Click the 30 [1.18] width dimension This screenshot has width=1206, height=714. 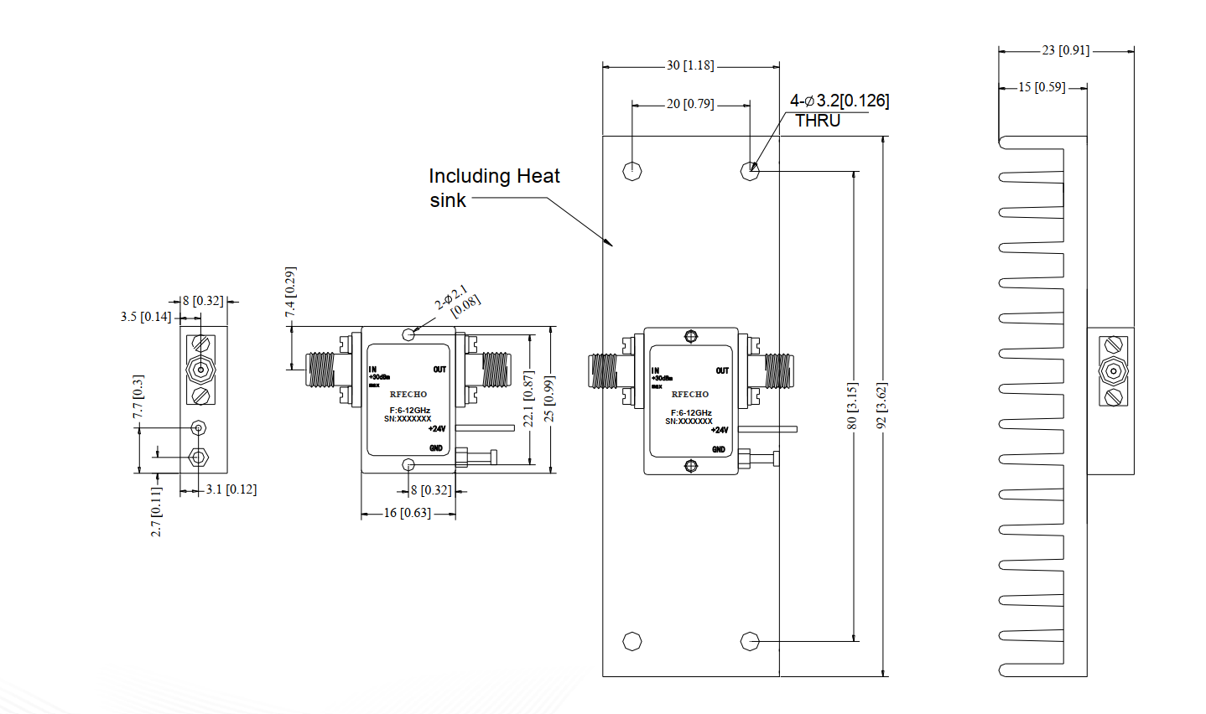pos(690,65)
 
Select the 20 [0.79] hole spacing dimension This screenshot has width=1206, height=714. pos(690,104)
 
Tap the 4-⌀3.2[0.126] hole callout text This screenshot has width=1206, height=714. pos(839,101)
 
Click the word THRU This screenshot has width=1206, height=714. pos(818,121)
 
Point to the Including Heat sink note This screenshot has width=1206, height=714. pos(493,188)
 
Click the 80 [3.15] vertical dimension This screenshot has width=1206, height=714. pos(852,406)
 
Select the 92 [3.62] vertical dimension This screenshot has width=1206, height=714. pos(881,406)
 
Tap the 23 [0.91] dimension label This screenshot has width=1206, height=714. pos(1065,50)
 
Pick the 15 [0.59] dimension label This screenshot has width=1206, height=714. pos(1042,87)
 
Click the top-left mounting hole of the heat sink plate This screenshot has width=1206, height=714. pos(633,171)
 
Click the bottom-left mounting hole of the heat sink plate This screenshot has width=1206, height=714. pos(633,641)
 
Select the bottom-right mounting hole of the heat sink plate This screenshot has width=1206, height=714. pos(750,641)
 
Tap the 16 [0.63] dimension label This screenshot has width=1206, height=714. pos(407,513)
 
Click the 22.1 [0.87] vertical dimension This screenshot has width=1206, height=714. pos(528,399)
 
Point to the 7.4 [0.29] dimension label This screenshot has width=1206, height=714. pos(290,292)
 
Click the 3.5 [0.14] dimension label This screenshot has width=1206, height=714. pos(146,317)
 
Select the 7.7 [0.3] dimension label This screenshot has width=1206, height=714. pos(138,396)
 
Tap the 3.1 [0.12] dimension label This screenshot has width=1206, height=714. pos(231,489)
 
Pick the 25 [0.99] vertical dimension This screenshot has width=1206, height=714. pos(549,399)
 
